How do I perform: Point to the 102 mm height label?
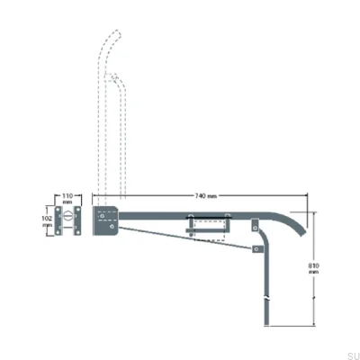coord(48,220)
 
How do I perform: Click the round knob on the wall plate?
coord(68,220)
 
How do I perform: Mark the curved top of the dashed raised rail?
coord(112,40)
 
